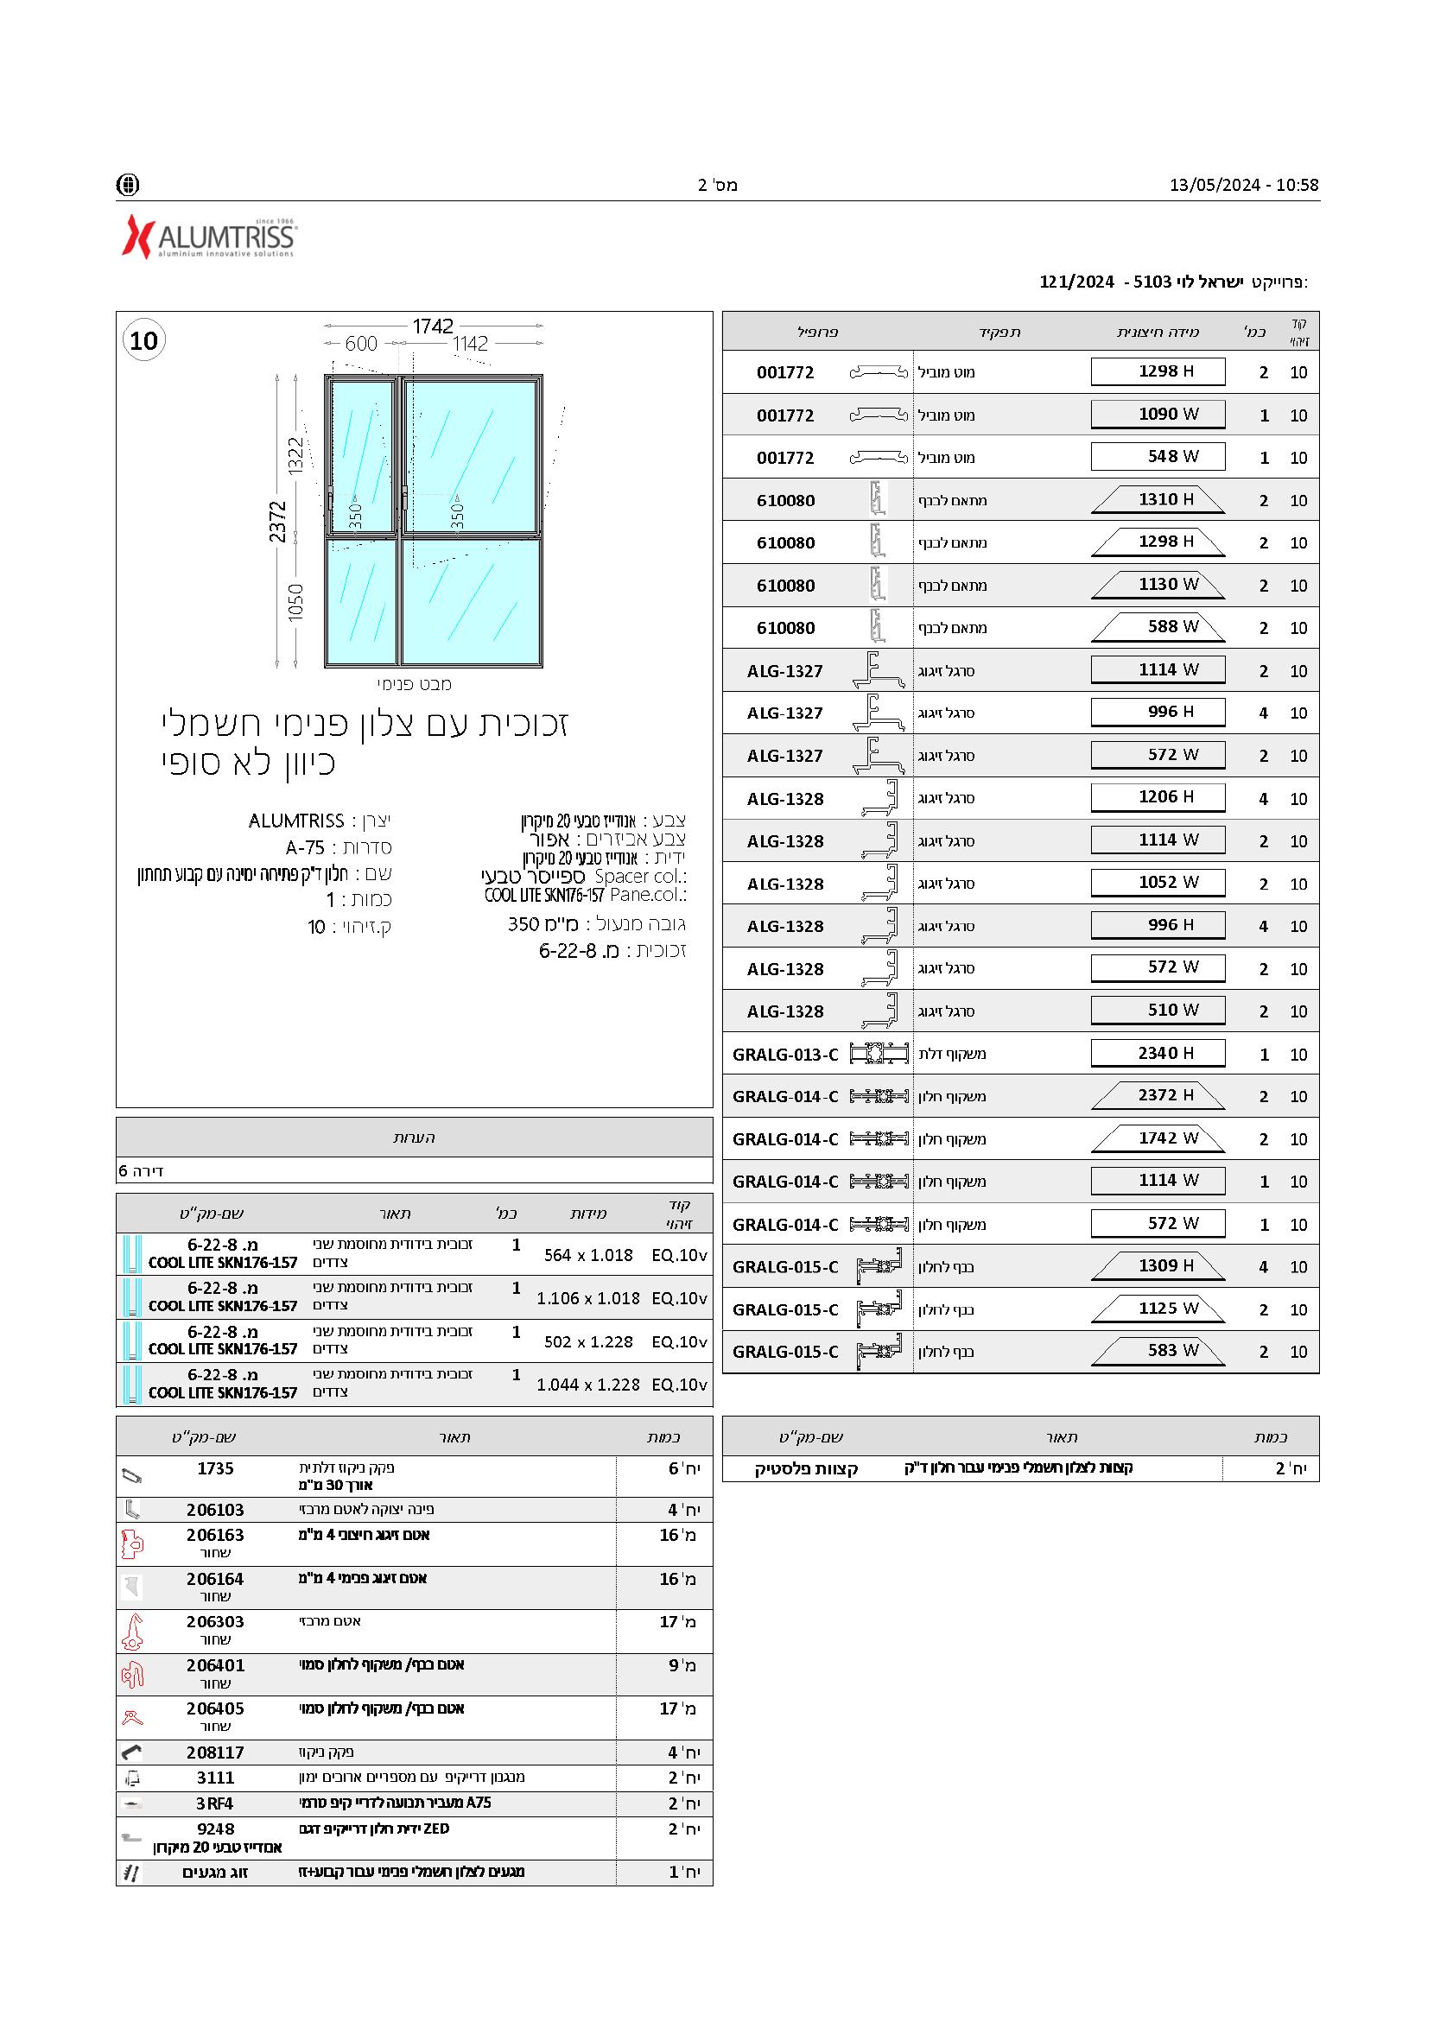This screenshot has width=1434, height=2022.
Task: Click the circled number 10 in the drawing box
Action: coord(144,341)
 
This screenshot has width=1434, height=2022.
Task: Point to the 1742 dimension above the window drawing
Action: coord(433,326)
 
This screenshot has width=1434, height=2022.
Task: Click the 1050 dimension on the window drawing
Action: coord(295,602)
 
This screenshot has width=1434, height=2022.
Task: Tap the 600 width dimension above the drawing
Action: coord(361,344)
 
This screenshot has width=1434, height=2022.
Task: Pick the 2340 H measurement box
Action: coord(1158,1053)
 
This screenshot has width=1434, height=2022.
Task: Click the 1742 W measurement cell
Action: coord(1158,1138)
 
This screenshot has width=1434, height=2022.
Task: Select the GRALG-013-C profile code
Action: coord(785,1055)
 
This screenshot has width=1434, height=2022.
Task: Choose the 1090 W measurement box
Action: coord(1158,414)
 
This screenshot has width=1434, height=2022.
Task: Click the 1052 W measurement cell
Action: coord(1158,882)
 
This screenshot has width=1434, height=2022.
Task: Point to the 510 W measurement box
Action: coord(1158,1010)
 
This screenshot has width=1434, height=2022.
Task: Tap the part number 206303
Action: coord(215,1621)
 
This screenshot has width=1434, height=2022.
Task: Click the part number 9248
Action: coord(215,1829)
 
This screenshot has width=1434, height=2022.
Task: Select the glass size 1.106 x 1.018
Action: coord(588,1298)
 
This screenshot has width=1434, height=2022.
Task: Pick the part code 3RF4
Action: coord(214,1803)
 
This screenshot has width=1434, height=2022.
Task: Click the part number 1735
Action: coord(215,1468)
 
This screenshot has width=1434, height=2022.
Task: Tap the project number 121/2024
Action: coord(1076,282)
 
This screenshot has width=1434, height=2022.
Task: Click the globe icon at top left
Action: coord(128,185)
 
